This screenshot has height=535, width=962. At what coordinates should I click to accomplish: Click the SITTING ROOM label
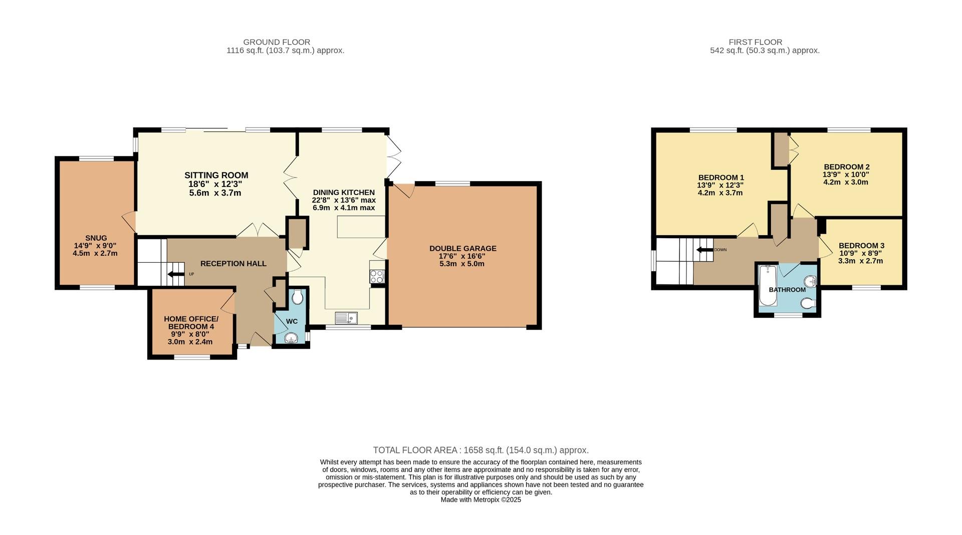(x=216, y=175)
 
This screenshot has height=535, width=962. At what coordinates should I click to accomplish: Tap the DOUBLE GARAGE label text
(x=462, y=249)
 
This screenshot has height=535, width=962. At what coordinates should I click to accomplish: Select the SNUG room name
(x=96, y=238)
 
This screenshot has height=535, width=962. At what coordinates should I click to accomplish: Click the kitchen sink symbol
(x=346, y=318)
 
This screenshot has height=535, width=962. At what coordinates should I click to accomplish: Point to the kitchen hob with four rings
(x=377, y=276)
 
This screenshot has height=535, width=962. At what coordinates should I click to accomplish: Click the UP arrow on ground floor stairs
(x=176, y=274)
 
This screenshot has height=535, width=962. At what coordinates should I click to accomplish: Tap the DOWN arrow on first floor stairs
(x=704, y=250)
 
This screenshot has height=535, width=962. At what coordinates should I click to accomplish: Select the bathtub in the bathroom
(x=767, y=285)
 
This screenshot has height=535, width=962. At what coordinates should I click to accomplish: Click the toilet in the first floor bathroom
(x=808, y=304)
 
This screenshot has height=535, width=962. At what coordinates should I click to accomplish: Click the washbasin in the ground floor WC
(x=291, y=338)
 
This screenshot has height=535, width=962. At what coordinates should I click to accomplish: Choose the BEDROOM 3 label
(x=861, y=246)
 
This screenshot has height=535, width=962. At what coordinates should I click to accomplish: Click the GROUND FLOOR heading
(x=277, y=42)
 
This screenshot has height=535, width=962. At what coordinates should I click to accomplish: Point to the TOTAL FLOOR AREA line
(x=480, y=450)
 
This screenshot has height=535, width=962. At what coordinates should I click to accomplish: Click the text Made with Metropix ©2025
(x=480, y=500)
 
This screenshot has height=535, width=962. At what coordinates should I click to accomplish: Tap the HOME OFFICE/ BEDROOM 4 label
(x=191, y=323)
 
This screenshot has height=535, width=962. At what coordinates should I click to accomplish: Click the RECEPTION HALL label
(x=233, y=264)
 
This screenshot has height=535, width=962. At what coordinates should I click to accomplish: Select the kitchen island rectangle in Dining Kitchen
(x=361, y=227)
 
